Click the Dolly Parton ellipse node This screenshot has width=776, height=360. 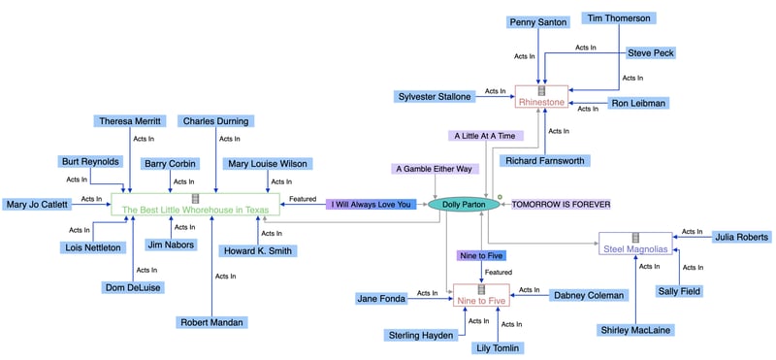[x=463, y=205]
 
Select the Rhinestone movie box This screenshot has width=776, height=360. [x=541, y=97]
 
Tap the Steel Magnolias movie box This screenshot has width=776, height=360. [x=635, y=245]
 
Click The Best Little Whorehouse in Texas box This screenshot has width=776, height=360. [x=196, y=205]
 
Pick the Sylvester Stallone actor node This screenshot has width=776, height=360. [x=434, y=97]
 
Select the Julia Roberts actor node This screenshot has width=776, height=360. [x=741, y=237]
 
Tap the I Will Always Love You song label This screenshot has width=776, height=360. [x=371, y=205]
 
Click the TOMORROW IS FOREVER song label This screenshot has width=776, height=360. [x=561, y=205]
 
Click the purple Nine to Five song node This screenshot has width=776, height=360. [x=482, y=255]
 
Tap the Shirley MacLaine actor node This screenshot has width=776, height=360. [x=634, y=330]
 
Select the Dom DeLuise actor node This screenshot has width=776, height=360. [x=132, y=287]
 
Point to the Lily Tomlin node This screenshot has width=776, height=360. [x=498, y=347]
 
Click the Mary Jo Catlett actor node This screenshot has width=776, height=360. [x=37, y=205]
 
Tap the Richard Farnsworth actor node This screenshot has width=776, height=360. [x=545, y=161]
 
